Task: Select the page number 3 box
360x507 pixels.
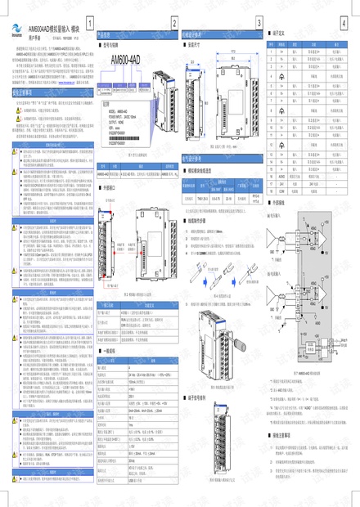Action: coord(259,22)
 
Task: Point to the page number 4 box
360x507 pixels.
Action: coord(349,22)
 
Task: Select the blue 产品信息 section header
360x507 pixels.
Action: coord(107,35)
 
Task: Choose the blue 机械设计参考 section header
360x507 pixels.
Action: coord(196,35)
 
